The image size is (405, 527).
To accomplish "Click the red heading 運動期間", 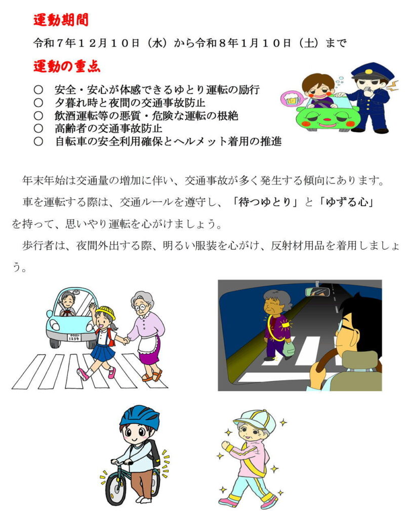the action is point(61,20).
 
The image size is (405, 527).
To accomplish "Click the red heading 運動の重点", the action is point(66,66).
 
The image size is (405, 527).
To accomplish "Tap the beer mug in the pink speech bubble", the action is point(290,99).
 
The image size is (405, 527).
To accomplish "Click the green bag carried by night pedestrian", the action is point(289,348).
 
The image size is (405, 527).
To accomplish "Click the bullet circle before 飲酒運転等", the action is point(38,116).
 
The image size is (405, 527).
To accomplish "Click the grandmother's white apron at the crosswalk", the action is point(148,345).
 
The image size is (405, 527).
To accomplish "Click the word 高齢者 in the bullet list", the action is point(71,128).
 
